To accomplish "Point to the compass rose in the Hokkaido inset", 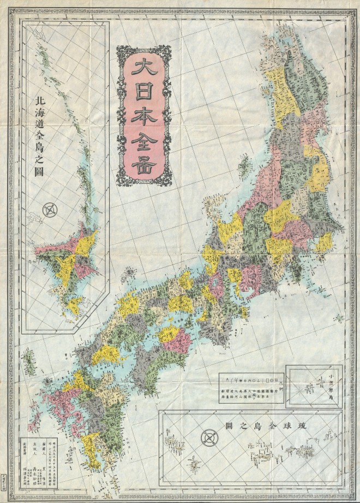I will [51, 208].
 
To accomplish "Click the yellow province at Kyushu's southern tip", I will [90, 453].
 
